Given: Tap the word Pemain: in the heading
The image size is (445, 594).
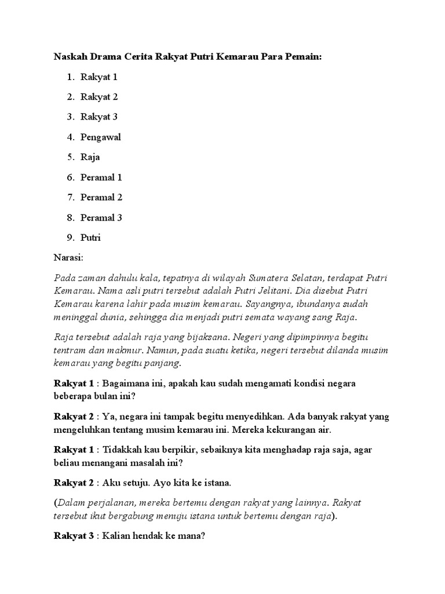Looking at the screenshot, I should tap(300, 57).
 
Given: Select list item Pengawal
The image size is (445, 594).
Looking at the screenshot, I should tap(101, 137).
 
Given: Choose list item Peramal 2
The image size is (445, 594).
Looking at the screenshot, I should tap(101, 198).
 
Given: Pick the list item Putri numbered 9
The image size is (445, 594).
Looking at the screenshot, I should tap(91, 238).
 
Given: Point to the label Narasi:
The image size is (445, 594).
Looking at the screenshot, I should tap(69, 256).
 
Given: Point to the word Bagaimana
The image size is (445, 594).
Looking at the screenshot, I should tap(127, 384).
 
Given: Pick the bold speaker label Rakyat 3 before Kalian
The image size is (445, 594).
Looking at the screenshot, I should tap(74, 536).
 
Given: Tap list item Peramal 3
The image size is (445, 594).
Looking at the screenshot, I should tap(101, 218).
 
